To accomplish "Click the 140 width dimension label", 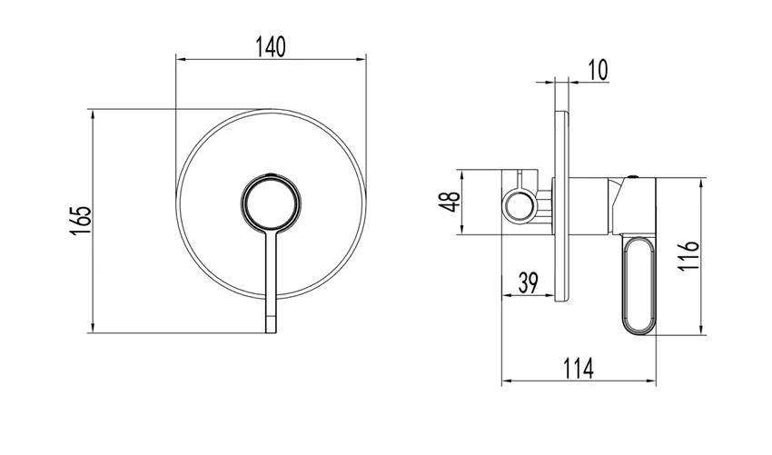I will point(271,47).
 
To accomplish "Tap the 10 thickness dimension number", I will point(599,70).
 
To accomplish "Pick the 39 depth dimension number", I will point(530,282).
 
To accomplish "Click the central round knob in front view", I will point(270,202).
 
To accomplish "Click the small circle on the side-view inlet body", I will point(520,203).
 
